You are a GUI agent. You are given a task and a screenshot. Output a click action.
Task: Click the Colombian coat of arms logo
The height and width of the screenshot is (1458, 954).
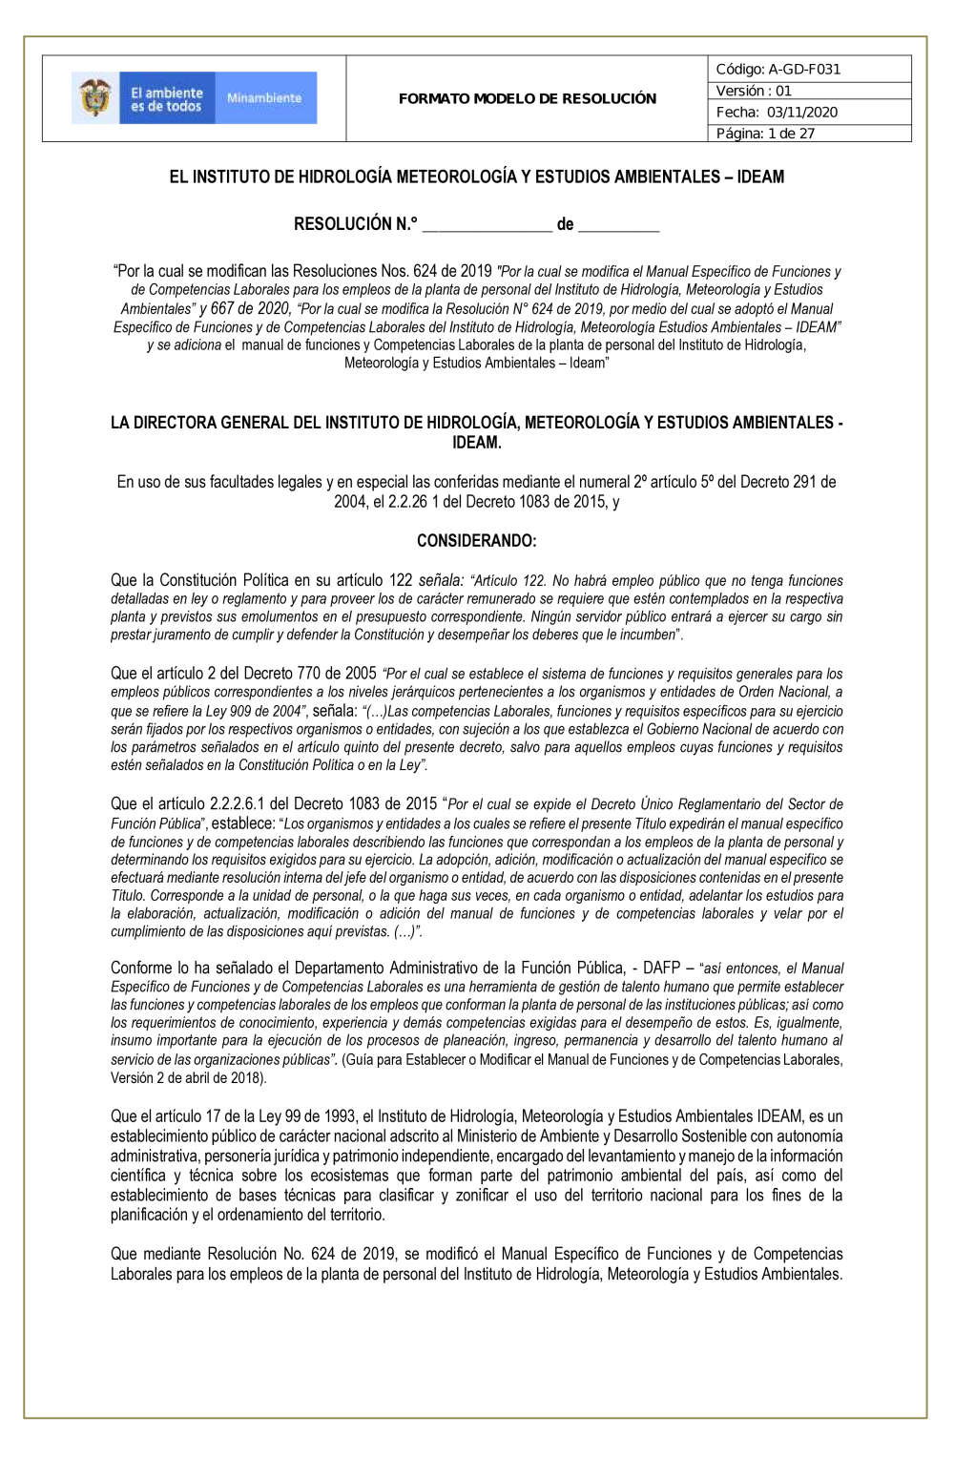click(x=94, y=98)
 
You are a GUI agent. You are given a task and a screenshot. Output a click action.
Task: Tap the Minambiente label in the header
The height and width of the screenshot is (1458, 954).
click(x=264, y=98)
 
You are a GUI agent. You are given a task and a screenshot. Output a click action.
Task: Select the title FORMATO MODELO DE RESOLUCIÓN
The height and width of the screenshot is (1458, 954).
click(x=527, y=98)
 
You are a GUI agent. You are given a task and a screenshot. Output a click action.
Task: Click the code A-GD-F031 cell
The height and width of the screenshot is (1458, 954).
click(x=778, y=69)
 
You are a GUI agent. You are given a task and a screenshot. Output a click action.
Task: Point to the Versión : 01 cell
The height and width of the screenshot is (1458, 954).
click(x=755, y=91)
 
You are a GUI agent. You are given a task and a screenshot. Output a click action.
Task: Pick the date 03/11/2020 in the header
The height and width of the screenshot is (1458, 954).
click(x=802, y=112)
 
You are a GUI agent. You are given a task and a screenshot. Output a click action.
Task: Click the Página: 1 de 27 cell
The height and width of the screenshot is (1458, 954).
click(x=766, y=134)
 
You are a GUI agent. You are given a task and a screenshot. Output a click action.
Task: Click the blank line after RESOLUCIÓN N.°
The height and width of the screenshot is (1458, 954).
click(x=487, y=226)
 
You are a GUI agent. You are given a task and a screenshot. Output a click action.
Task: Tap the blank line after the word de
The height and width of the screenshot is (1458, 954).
click(x=618, y=226)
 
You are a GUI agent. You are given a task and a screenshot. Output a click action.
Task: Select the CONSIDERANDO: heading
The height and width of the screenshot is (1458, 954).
click(x=476, y=541)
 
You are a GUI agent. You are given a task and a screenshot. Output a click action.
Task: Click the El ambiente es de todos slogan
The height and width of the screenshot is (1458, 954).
click(x=167, y=99)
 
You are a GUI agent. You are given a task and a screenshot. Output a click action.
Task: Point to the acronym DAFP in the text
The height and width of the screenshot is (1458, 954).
click(x=661, y=968)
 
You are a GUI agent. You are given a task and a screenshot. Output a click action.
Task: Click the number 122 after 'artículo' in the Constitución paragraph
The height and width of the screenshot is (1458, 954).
click(x=401, y=580)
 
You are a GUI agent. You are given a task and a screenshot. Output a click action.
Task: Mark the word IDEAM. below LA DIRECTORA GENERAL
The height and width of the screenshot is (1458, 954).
click(x=476, y=443)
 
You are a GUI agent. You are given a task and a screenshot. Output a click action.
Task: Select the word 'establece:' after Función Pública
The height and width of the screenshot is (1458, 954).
click(x=242, y=823)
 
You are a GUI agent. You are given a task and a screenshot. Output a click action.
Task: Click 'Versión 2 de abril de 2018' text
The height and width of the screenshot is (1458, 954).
click(x=187, y=1077)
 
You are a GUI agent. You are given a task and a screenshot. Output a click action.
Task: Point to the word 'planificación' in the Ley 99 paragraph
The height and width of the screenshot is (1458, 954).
click(x=150, y=1215)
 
